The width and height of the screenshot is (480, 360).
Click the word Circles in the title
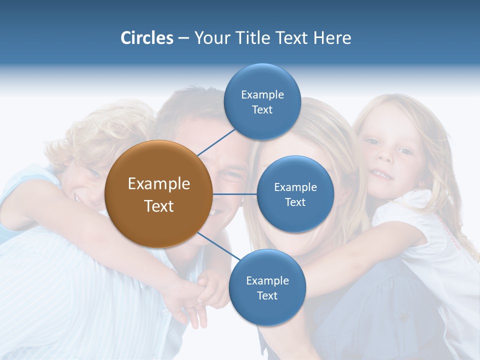(x=146, y=38)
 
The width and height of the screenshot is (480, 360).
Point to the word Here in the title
(x=332, y=38)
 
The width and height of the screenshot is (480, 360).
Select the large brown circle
(x=158, y=194)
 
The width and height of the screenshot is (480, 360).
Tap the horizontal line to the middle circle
(x=235, y=194)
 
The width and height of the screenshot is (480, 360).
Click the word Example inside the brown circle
(x=158, y=184)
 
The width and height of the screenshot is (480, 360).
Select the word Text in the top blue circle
(x=262, y=110)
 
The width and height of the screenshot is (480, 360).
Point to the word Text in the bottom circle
(x=267, y=296)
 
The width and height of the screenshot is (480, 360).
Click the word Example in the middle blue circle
(x=295, y=187)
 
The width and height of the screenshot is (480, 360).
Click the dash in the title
(x=183, y=38)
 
